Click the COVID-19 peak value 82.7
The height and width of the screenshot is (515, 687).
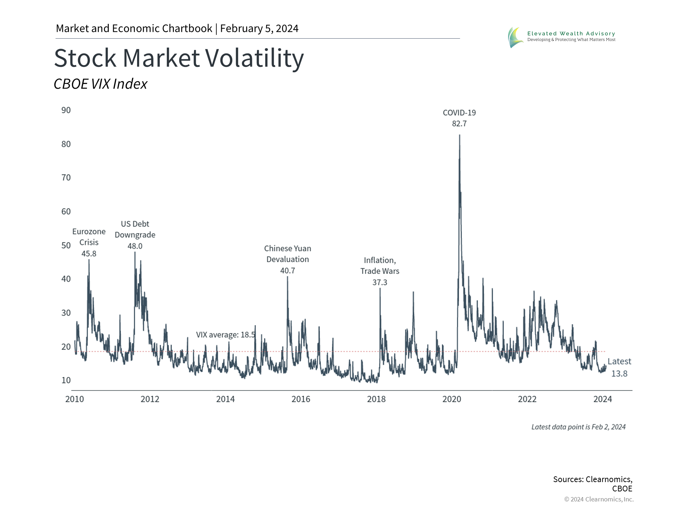point(459,124)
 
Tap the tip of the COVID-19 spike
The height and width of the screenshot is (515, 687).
point(459,135)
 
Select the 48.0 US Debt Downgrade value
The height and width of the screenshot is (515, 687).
point(135,246)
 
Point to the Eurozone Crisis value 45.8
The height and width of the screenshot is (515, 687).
point(89,254)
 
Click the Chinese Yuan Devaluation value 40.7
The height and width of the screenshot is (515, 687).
point(288,271)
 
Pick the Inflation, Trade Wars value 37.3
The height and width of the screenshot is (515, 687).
point(380,283)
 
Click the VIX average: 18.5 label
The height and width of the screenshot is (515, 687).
point(225,335)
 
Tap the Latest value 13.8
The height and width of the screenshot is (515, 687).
point(619,374)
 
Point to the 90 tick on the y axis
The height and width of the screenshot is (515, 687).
point(66,110)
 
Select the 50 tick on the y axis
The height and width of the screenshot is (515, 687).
point(66,245)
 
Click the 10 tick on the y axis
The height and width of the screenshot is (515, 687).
point(66,380)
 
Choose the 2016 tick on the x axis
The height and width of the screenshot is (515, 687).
point(301,399)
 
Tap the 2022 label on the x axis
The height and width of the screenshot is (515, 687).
point(527,399)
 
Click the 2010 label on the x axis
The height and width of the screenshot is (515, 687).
point(74,399)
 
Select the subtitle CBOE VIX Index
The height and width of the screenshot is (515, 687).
point(101,84)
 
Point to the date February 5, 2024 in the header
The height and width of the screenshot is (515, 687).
point(259,29)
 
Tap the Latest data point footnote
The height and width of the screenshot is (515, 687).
point(578,427)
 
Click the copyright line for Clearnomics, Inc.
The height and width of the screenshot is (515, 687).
point(599,499)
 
